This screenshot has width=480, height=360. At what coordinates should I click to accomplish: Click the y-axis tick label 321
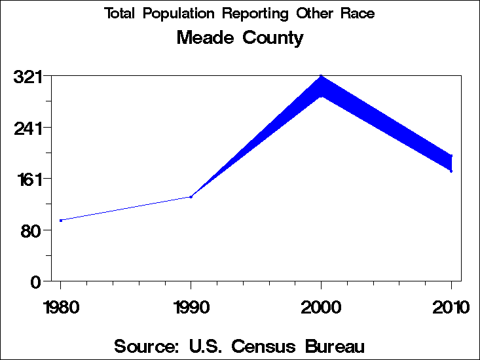click(x=28, y=77)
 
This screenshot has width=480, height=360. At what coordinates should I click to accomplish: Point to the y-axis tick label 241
click(x=28, y=128)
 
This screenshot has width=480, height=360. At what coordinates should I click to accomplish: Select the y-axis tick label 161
click(x=28, y=179)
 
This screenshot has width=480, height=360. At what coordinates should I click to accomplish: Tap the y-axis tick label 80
click(x=32, y=230)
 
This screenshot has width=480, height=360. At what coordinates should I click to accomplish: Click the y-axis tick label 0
click(x=37, y=281)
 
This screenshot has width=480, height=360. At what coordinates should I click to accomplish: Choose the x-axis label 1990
click(x=191, y=308)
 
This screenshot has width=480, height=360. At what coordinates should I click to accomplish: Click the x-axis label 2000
click(x=321, y=308)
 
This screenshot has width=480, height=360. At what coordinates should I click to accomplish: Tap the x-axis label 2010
click(x=451, y=308)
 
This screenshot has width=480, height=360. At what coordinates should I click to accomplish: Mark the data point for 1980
click(x=61, y=221)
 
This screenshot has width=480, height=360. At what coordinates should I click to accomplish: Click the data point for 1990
click(x=191, y=196)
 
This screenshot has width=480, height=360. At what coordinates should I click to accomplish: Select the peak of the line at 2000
click(x=321, y=77)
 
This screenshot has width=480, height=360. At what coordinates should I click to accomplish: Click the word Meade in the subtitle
click(x=204, y=38)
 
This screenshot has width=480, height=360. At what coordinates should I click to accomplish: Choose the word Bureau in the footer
click(x=335, y=346)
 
